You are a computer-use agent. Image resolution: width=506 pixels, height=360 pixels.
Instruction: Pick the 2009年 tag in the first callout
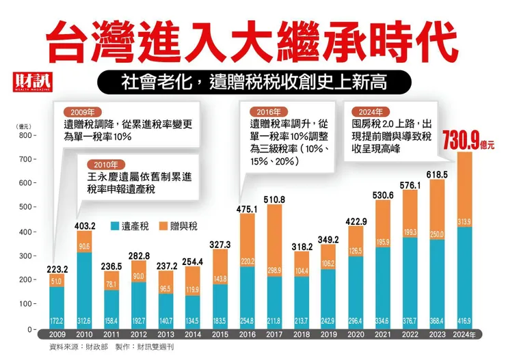tap(88, 111)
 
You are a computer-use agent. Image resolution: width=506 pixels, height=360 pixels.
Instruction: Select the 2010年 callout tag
tap(111, 164)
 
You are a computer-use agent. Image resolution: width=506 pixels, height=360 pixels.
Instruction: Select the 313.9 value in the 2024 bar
tap(465, 221)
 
